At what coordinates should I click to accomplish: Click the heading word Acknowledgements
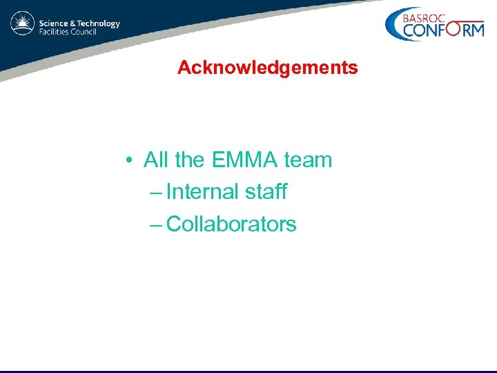click(x=267, y=68)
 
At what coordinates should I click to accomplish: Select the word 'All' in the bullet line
click(x=156, y=160)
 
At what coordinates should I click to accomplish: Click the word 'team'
click(x=308, y=160)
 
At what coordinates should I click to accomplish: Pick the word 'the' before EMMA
click(x=190, y=160)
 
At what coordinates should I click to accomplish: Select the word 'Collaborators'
click(x=231, y=224)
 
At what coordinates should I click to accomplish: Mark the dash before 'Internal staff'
click(x=156, y=192)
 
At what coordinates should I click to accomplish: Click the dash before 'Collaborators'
click(x=156, y=224)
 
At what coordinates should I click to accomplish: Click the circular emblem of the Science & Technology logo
click(x=22, y=25)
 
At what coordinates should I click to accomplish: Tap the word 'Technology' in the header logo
click(x=99, y=23)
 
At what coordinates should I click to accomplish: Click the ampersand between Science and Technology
click(x=73, y=23)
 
